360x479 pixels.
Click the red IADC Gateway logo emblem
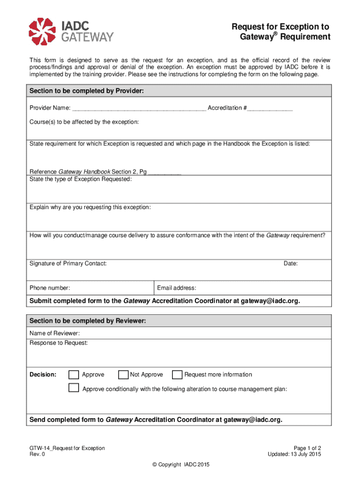coord(43,31)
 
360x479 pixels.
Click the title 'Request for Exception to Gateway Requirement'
coord(281,32)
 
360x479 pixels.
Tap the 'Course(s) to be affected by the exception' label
coord(84,122)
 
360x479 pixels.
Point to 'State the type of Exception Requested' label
coord(80,179)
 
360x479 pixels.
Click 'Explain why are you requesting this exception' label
coord(90,207)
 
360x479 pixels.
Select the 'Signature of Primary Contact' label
coord(68,264)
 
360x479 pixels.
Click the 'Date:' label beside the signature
coord(290,264)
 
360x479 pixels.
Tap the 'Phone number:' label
coord(50,288)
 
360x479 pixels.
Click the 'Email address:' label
coord(177,288)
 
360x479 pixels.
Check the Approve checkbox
coord(74,375)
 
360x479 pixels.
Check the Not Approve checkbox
coord(123,375)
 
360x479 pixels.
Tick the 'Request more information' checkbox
coord(177,375)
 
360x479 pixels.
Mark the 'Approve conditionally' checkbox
coord(74,388)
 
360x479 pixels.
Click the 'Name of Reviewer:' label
coord(55,333)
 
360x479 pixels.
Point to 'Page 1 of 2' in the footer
coord(307,448)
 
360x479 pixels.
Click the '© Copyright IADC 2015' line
coord(180,464)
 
